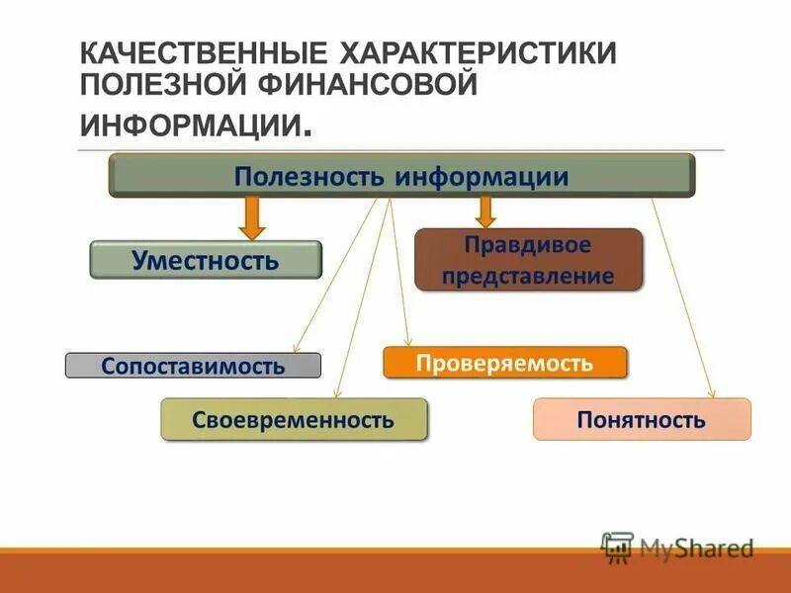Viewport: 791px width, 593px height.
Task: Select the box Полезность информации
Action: [x=401, y=177]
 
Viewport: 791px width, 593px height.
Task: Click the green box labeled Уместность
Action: [x=206, y=260]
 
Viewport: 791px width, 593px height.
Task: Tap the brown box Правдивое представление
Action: [x=528, y=260]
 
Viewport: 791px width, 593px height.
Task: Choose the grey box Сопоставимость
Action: [x=193, y=366]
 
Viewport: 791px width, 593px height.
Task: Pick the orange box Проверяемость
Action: [x=504, y=363]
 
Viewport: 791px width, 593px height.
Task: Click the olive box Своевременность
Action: [x=294, y=419]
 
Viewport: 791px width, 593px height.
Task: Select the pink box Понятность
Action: [x=642, y=419]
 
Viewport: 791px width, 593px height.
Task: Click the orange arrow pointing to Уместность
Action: [x=253, y=217]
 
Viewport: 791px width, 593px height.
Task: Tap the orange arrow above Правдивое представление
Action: [x=485, y=211]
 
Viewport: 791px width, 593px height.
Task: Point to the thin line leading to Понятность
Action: [x=682, y=296]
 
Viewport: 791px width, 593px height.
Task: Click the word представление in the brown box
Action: [x=528, y=276]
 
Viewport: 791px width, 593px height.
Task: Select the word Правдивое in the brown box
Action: [x=528, y=244]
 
